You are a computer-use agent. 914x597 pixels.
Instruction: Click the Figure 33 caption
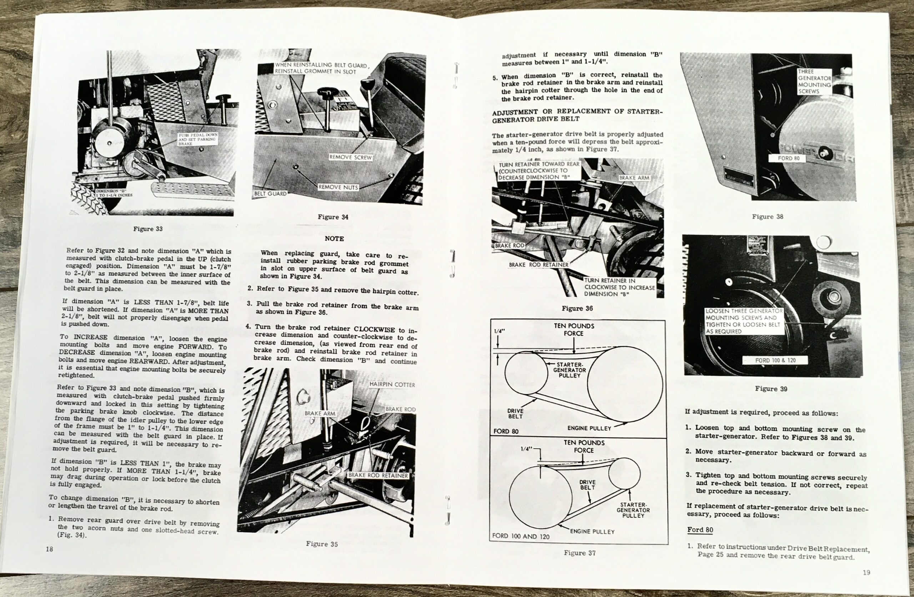(x=148, y=229)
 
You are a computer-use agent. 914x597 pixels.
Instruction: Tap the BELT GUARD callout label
(x=270, y=193)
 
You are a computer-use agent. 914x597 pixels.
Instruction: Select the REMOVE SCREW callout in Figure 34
(x=350, y=157)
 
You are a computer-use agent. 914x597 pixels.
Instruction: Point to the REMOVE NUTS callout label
(x=338, y=187)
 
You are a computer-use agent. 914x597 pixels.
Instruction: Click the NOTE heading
(x=334, y=238)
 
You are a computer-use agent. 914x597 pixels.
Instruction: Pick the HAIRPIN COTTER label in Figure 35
(x=392, y=384)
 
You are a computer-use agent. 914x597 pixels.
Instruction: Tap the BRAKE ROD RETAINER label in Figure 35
(x=378, y=475)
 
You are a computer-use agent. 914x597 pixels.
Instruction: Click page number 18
(x=50, y=549)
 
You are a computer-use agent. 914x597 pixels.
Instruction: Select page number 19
(x=867, y=572)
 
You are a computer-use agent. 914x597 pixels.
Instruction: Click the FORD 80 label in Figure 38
(x=788, y=158)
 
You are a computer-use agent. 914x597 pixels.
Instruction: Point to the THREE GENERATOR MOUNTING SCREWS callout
(x=814, y=81)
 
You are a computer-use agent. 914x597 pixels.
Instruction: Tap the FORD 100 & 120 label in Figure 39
(x=775, y=360)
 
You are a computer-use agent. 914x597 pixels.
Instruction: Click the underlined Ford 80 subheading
(x=700, y=530)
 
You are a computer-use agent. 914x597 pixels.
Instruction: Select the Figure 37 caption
(x=579, y=553)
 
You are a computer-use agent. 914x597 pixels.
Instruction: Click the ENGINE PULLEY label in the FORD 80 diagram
(x=589, y=428)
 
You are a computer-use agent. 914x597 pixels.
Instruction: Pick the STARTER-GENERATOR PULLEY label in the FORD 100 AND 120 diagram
(x=633, y=510)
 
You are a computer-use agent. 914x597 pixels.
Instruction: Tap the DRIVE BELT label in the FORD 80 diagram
(x=515, y=414)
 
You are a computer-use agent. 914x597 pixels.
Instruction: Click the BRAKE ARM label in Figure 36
(x=634, y=178)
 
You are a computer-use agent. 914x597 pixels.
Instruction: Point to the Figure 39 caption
(x=771, y=389)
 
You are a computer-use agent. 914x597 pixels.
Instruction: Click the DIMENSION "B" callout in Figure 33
(x=114, y=193)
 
